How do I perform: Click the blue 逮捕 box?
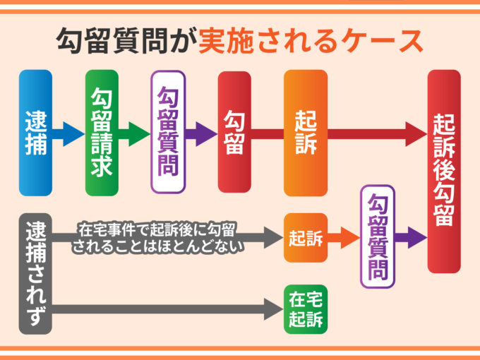(x=35, y=133)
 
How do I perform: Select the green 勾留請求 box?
(x=102, y=133)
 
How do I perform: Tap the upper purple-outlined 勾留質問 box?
(x=168, y=132)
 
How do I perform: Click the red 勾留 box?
(x=234, y=132)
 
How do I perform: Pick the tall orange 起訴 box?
(x=306, y=133)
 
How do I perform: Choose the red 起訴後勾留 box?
(x=443, y=171)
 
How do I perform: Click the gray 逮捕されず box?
(x=35, y=273)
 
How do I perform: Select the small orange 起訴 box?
(x=306, y=238)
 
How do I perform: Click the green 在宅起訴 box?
(x=306, y=309)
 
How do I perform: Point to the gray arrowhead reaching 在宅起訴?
(x=273, y=308)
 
